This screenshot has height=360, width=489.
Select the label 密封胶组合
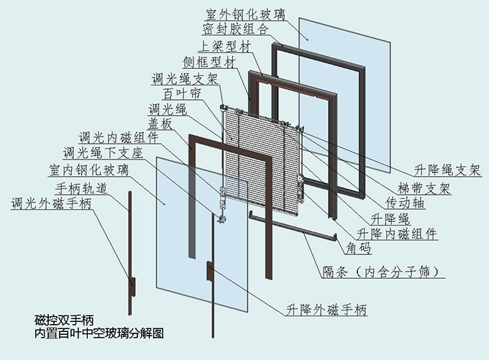coord(236,30)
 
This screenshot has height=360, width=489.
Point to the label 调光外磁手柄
coord(51,203)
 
